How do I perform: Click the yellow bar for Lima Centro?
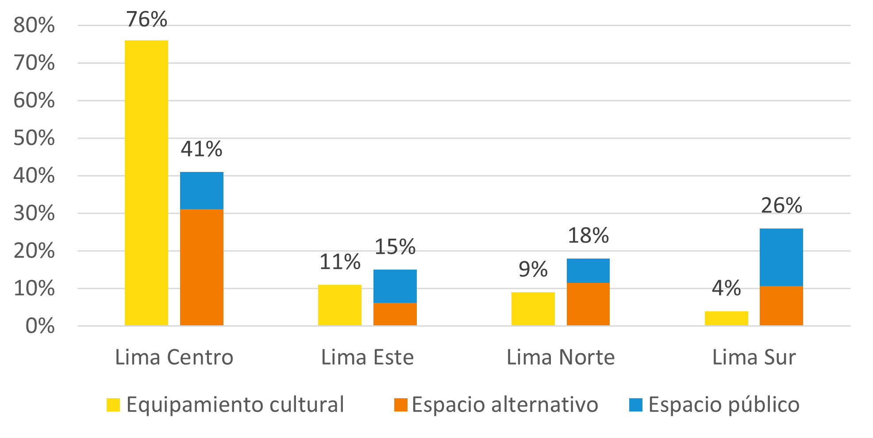(x=146, y=183)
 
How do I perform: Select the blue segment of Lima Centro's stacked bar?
(x=202, y=190)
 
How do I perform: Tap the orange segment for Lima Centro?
(x=202, y=267)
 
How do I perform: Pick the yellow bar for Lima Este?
(x=340, y=305)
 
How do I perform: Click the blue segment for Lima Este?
(x=395, y=286)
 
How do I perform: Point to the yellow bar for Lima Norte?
(x=533, y=309)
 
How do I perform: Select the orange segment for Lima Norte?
(x=588, y=304)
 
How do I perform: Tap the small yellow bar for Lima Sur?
(x=726, y=318)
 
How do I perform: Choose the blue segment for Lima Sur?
(x=781, y=257)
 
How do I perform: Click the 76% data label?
(x=146, y=19)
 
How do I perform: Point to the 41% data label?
(x=201, y=149)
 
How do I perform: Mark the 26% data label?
(x=781, y=206)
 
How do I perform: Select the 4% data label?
(x=726, y=288)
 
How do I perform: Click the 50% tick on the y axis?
(x=34, y=138)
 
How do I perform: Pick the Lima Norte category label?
(x=561, y=357)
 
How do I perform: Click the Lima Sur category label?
(x=754, y=357)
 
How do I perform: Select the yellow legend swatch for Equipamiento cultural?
(x=113, y=405)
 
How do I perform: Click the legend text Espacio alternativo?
(x=505, y=405)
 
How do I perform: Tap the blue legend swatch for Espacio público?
(x=636, y=405)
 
